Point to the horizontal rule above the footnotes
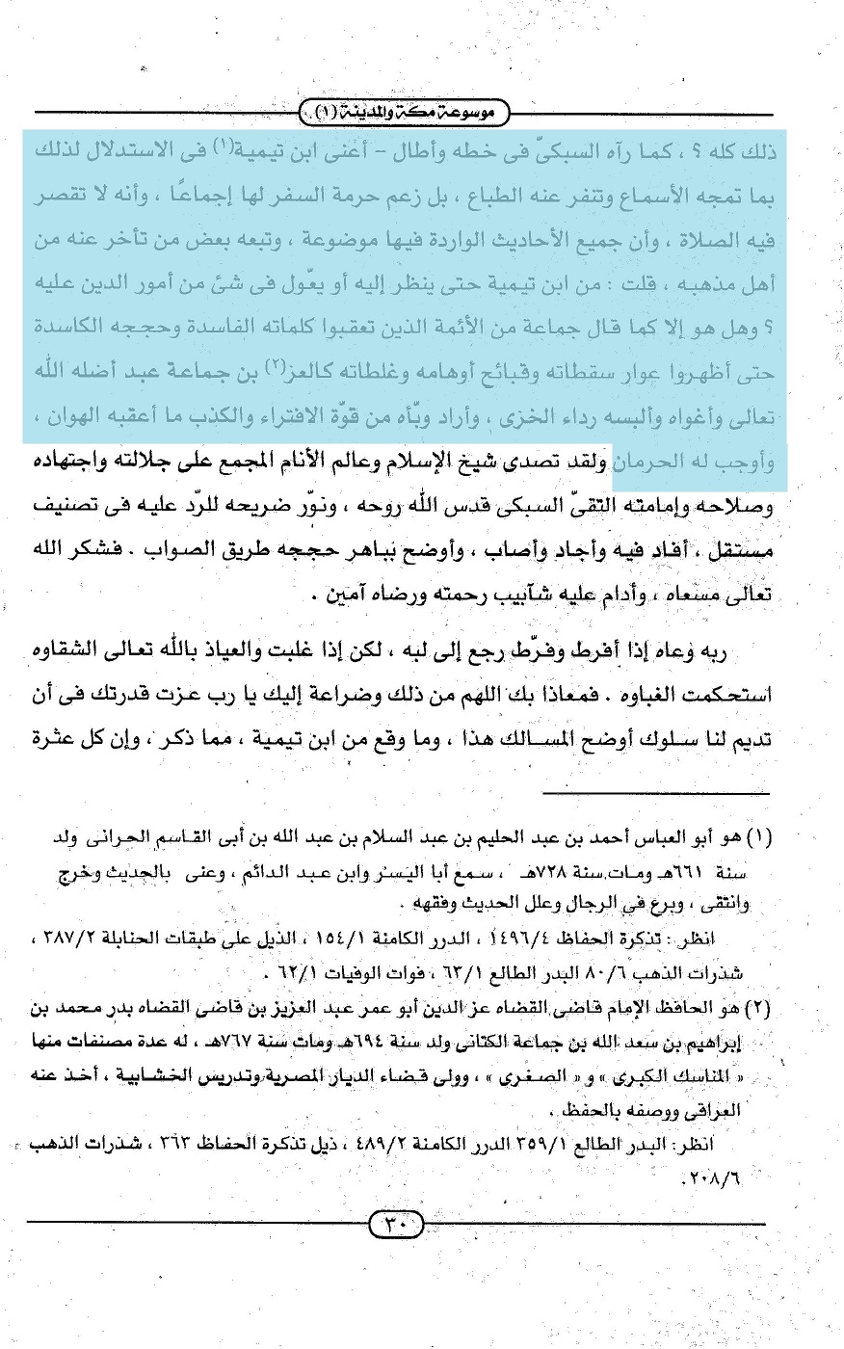coord(655,794)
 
